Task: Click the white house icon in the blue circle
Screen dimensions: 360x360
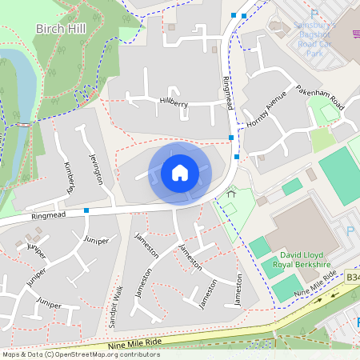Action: [x=179, y=173]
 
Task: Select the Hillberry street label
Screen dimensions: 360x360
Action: [x=174, y=102]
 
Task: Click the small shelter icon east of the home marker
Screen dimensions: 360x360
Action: [x=232, y=193]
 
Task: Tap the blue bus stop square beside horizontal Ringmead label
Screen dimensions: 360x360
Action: [x=86, y=210]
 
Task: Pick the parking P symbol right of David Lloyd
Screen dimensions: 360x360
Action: [x=349, y=231]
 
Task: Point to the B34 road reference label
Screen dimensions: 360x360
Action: [x=352, y=277]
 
